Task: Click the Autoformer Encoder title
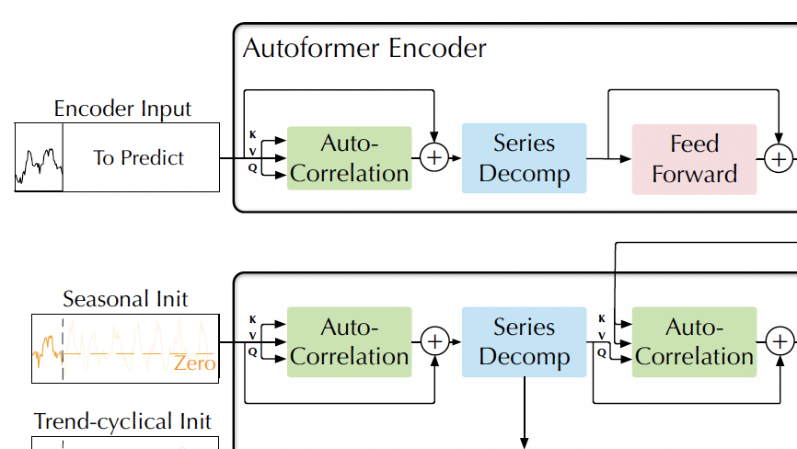tap(364, 48)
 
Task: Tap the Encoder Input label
tap(122, 109)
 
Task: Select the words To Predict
tap(138, 157)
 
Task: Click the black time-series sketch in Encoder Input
tap(39, 162)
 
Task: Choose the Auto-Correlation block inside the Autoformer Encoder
tap(350, 158)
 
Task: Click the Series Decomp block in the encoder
tap(524, 158)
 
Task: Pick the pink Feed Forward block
tap(694, 159)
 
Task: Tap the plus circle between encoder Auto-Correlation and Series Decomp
tap(434, 158)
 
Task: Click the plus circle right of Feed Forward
tap(779, 159)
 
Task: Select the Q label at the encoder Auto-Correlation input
tap(252, 167)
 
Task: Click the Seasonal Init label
tap(125, 299)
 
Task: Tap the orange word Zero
tap(193, 363)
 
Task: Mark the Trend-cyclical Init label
tap(122, 421)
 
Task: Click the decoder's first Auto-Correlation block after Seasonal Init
tap(350, 341)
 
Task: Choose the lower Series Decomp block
tap(524, 341)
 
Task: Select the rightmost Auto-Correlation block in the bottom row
tap(694, 341)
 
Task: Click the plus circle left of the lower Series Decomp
tap(434, 341)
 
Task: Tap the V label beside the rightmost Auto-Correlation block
tap(601, 336)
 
